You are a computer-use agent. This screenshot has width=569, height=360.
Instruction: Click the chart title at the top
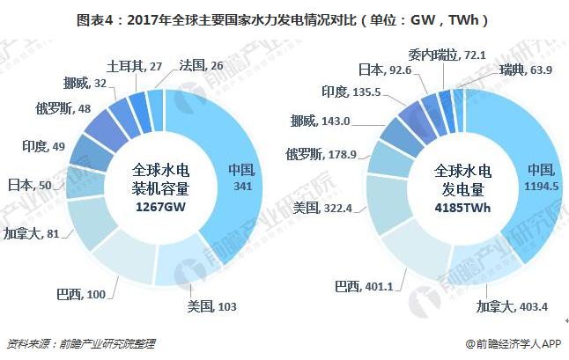point(284,18)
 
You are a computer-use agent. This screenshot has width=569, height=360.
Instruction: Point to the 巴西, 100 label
point(105,293)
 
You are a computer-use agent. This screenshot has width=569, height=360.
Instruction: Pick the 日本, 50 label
point(29,185)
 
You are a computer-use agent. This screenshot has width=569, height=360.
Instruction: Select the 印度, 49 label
point(37,146)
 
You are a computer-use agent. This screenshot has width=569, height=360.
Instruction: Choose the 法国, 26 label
point(201,66)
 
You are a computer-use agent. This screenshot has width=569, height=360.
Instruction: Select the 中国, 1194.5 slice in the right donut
point(537,176)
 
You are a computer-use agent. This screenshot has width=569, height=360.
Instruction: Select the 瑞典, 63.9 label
point(525,70)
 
